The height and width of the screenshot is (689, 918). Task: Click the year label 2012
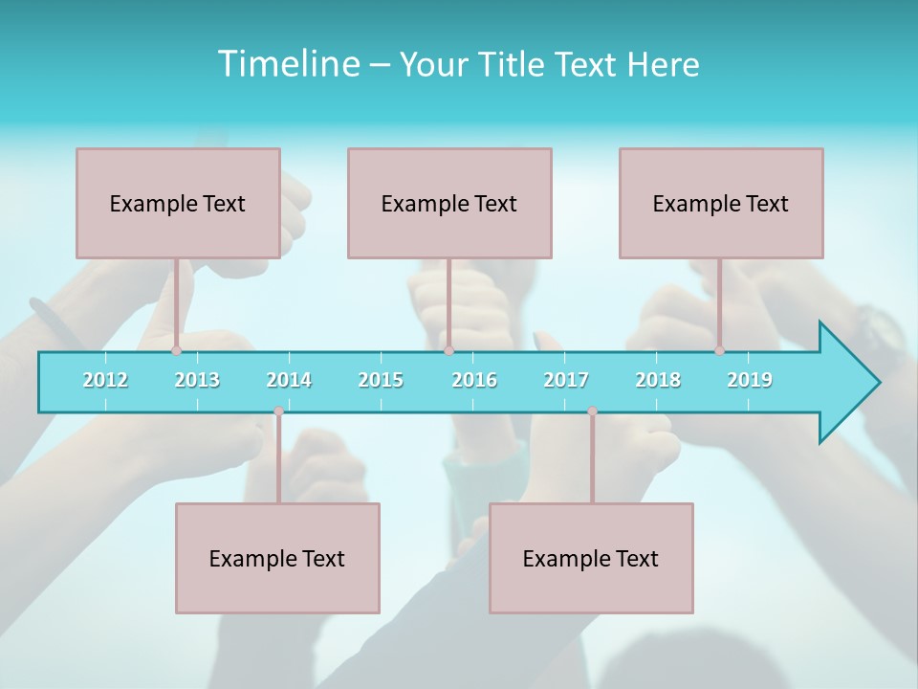pyautogui.click(x=105, y=380)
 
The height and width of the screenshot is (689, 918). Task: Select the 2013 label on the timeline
pyautogui.click(x=197, y=380)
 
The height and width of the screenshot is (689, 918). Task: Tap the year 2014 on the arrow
pyautogui.click(x=289, y=380)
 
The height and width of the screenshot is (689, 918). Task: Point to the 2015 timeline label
pyautogui.click(x=381, y=380)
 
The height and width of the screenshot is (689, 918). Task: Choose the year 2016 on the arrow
pyautogui.click(x=474, y=380)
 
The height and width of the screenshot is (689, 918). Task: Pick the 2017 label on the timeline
pyautogui.click(x=566, y=380)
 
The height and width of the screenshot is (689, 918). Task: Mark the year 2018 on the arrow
pyautogui.click(x=658, y=380)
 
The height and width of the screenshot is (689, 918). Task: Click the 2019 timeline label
pyautogui.click(x=750, y=380)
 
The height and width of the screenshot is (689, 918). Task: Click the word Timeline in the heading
pyautogui.click(x=287, y=64)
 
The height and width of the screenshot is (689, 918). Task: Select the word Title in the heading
pyautogui.click(x=514, y=64)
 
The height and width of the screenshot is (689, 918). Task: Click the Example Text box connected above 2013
pyautogui.click(x=178, y=203)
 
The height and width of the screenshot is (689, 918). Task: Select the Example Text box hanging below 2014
pyautogui.click(x=277, y=558)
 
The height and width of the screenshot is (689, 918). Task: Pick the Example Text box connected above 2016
pyautogui.click(x=449, y=203)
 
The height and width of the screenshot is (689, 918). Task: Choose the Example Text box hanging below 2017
pyautogui.click(x=591, y=558)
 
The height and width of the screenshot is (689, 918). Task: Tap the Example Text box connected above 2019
pyautogui.click(x=721, y=203)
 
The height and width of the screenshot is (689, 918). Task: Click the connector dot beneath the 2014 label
pyautogui.click(x=278, y=411)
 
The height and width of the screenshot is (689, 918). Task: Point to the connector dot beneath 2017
pyautogui.click(x=592, y=411)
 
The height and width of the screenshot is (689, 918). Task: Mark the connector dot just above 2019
pyautogui.click(x=720, y=350)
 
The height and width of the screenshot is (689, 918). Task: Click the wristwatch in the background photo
pyautogui.click(x=878, y=331)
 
